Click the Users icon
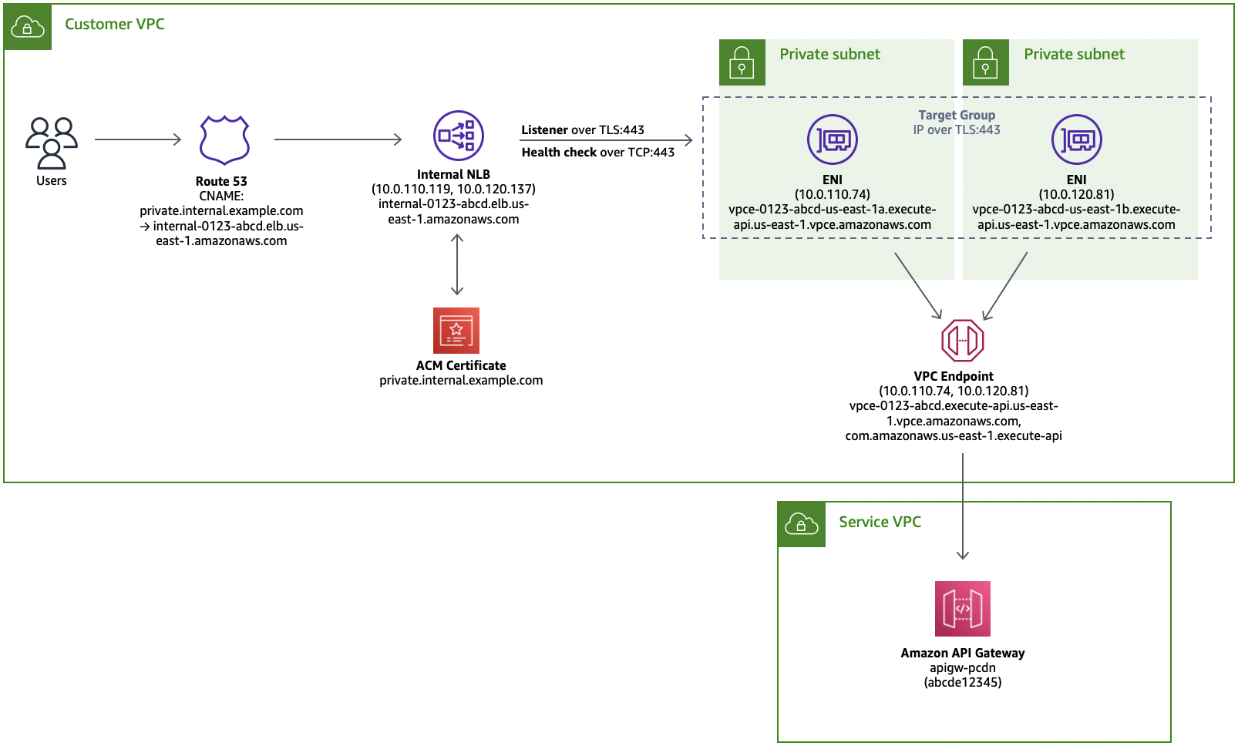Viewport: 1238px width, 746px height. coord(52,143)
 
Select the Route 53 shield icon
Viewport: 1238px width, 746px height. coord(224,139)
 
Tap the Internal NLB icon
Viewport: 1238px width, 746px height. coord(458,136)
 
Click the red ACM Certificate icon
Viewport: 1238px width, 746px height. coord(456,331)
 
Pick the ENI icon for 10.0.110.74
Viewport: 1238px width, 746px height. coord(833,139)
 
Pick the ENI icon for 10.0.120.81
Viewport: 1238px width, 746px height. coord(1077,139)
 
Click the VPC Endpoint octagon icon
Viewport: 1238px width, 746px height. coord(963,340)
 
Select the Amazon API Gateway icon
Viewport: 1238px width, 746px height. coord(963,608)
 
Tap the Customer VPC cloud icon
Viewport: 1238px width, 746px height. coord(28,26)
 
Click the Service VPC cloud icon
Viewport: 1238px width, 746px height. coord(802,524)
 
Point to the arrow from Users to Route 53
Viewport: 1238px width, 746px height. coord(138,139)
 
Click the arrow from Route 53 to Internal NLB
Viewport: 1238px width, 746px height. coord(338,139)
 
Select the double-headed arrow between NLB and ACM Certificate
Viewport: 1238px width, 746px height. coord(456,264)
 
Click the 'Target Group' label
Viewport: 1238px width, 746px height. coord(957,115)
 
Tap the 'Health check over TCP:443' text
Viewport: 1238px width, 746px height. coord(598,153)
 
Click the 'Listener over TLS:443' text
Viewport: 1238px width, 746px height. coord(583,130)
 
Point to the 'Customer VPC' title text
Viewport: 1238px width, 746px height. coord(114,25)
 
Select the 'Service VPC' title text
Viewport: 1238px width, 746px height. coord(880,523)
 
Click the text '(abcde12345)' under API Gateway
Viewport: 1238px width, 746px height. coord(963,683)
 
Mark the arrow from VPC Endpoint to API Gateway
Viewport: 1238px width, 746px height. coord(963,507)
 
